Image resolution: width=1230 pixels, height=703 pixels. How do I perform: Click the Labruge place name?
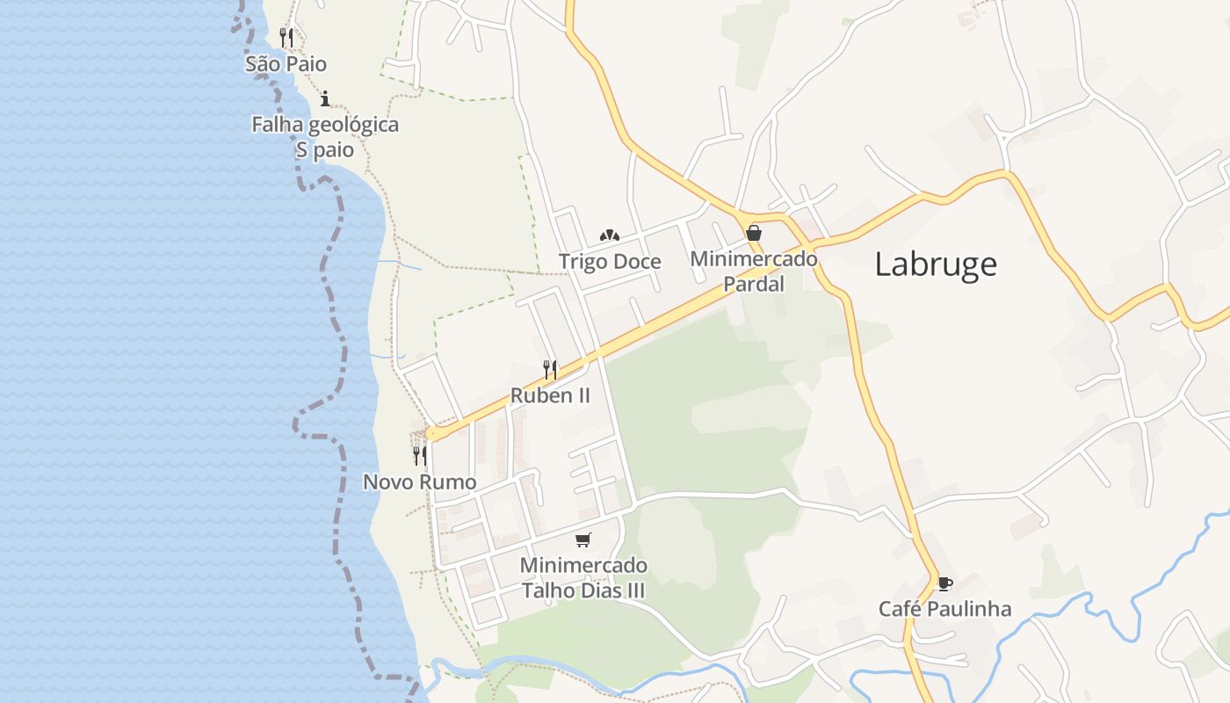tap(936, 264)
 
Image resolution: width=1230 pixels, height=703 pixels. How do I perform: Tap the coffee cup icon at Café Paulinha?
tap(944, 583)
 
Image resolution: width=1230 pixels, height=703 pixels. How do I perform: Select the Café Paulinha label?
tap(944, 609)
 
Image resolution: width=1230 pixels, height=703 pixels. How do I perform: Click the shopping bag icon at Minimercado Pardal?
tap(753, 233)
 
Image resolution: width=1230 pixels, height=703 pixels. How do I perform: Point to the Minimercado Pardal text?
tap(753, 272)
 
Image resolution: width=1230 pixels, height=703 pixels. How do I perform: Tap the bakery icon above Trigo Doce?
tap(610, 236)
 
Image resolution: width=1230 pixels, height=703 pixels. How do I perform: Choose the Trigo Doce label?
tap(610, 261)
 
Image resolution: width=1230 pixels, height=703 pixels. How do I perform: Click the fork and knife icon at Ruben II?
tap(550, 369)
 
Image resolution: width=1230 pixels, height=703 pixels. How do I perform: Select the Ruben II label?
tap(550, 395)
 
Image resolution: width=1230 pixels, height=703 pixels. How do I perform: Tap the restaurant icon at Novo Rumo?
tap(420, 455)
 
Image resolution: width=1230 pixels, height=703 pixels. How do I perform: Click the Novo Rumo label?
tap(420, 482)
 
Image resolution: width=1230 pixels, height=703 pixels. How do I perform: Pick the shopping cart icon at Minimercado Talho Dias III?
tap(583, 540)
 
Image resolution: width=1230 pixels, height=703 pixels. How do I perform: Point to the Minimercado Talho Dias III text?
tap(583, 577)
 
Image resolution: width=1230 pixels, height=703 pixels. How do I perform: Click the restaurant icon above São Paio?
tap(286, 37)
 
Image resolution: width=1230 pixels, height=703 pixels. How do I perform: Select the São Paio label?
tap(286, 63)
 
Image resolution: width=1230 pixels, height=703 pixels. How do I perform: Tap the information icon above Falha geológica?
tap(325, 98)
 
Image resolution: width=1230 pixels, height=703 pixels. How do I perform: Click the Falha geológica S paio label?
tap(325, 137)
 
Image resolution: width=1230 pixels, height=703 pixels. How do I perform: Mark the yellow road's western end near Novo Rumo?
tap(431, 433)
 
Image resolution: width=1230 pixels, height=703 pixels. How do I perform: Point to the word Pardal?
tap(753, 284)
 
